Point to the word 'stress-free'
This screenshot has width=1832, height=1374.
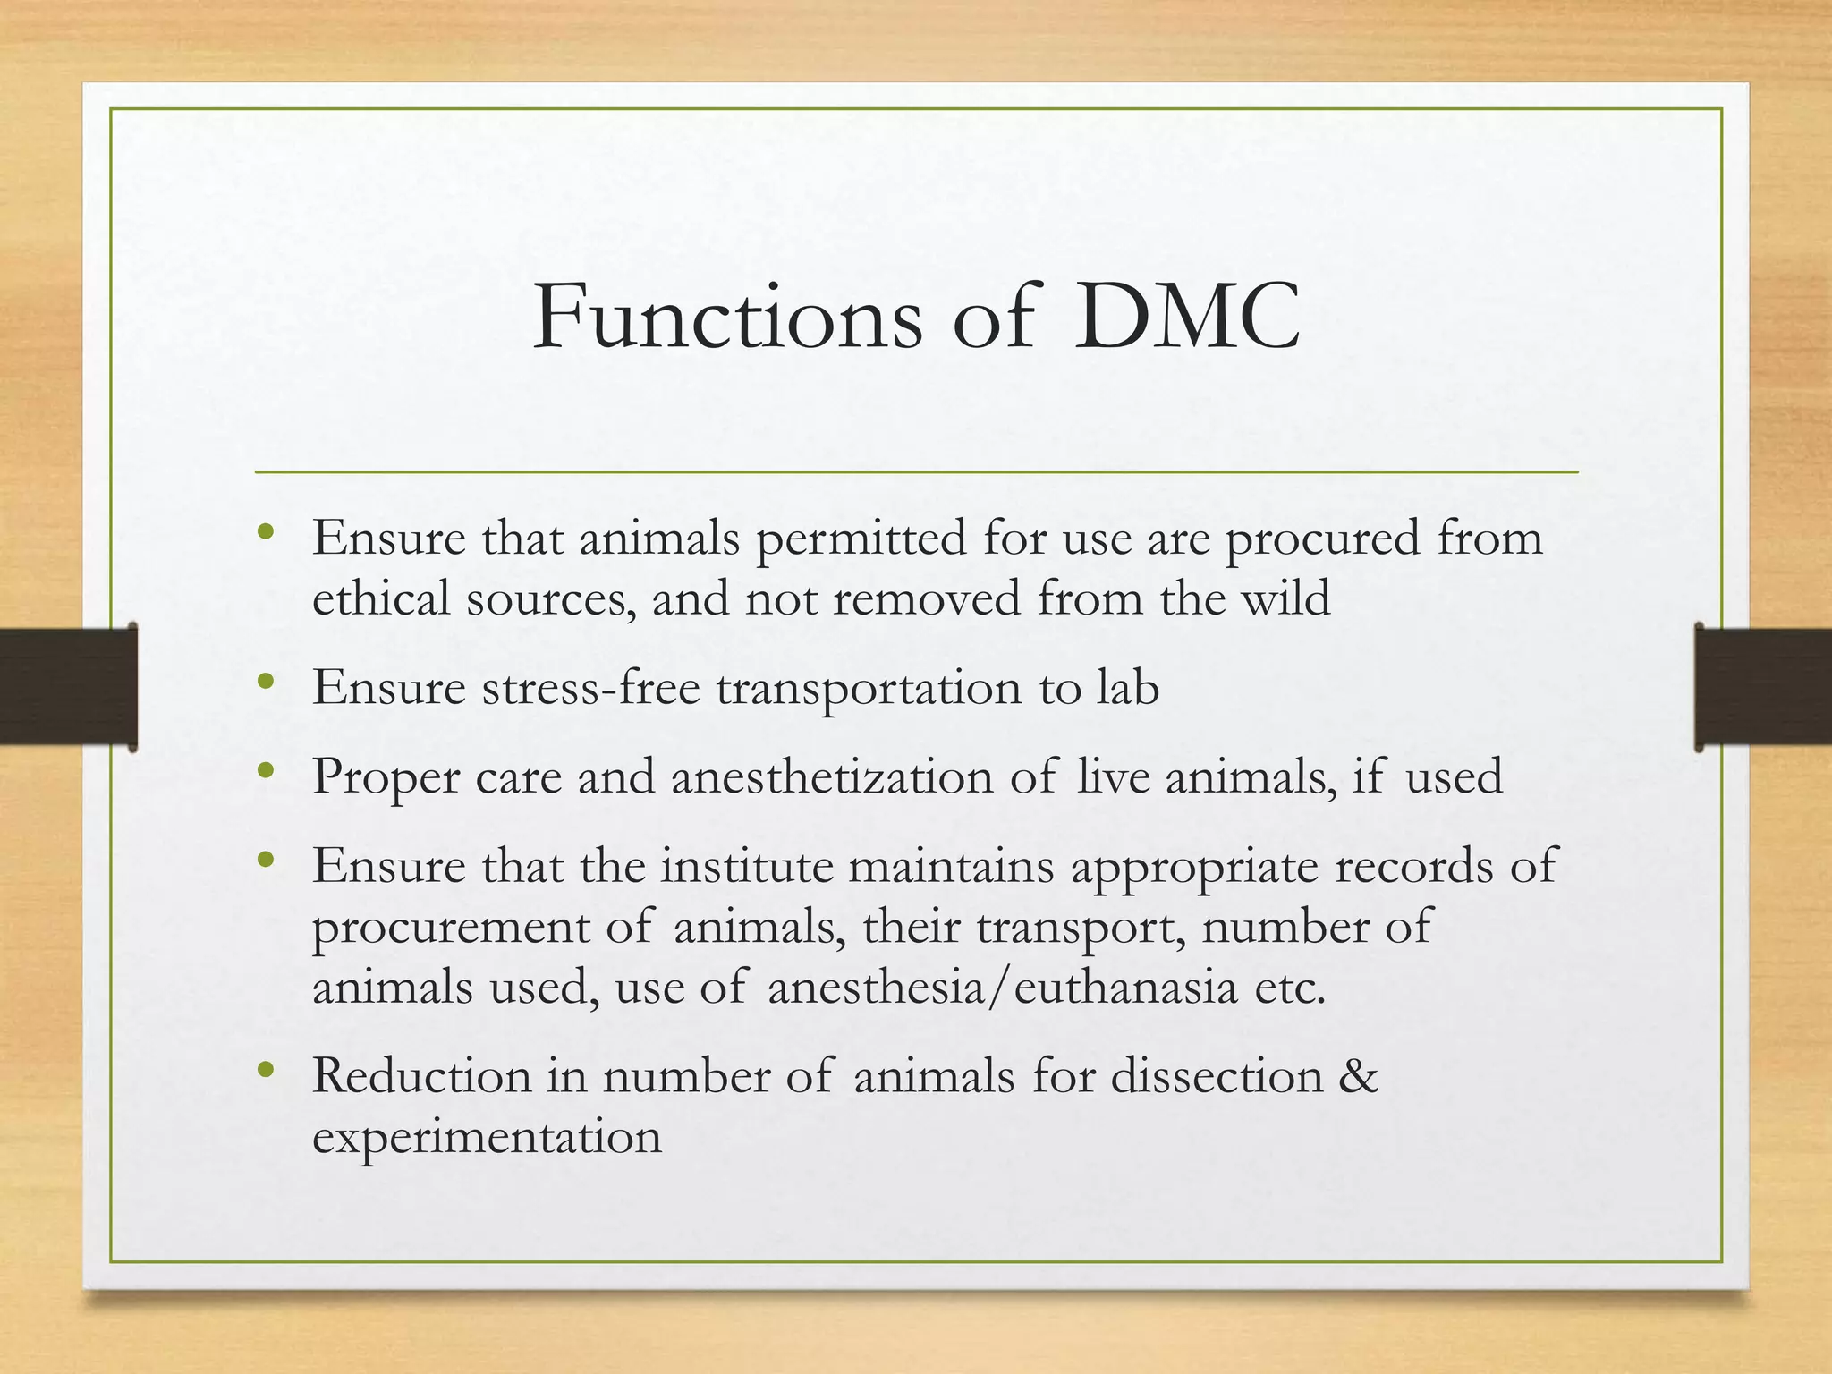[x=590, y=687]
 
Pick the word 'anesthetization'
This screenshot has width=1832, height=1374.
[x=832, y=776]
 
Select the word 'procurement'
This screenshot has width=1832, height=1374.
[x=451, y=927]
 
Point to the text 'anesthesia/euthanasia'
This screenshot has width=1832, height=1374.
[x=1002, y=988]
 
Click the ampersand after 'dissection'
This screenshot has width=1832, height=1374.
[x=1359, y=1075]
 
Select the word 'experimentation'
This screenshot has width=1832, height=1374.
[x=487, y=1136]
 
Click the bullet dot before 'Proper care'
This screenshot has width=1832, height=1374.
[x=265, y=770]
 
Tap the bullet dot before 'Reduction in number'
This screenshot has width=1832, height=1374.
[x=265, y=1069]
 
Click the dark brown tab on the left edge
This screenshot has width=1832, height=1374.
[x=68, y=686]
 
